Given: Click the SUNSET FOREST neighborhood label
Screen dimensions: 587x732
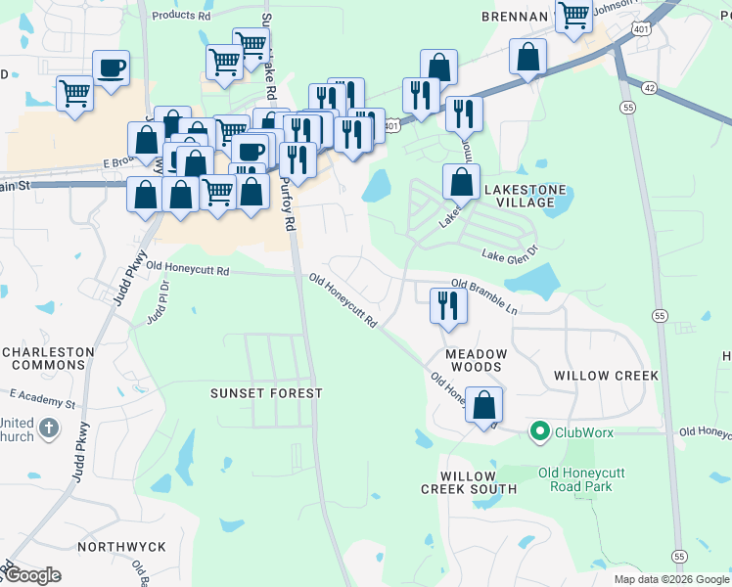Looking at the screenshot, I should pos(266,392).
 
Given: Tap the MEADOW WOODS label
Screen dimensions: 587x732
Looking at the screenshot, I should pos(476,360).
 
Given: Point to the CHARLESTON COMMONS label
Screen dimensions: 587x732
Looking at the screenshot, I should pos(47,359).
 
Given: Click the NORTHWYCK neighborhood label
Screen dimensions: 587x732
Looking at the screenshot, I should pos(122,546).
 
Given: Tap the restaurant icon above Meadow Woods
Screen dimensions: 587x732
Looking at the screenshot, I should pos(449,305).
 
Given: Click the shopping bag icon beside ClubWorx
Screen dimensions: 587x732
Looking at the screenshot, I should pos(483,404).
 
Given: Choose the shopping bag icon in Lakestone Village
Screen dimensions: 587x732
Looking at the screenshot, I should pos(461,181).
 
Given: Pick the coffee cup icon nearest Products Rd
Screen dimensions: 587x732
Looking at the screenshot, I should pos(111,68).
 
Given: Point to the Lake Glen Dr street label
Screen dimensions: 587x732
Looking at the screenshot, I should pos(510,253).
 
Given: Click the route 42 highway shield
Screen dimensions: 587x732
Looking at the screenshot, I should pos(650,87).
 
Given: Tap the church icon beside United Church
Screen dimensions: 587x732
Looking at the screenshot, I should pos(49,429).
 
